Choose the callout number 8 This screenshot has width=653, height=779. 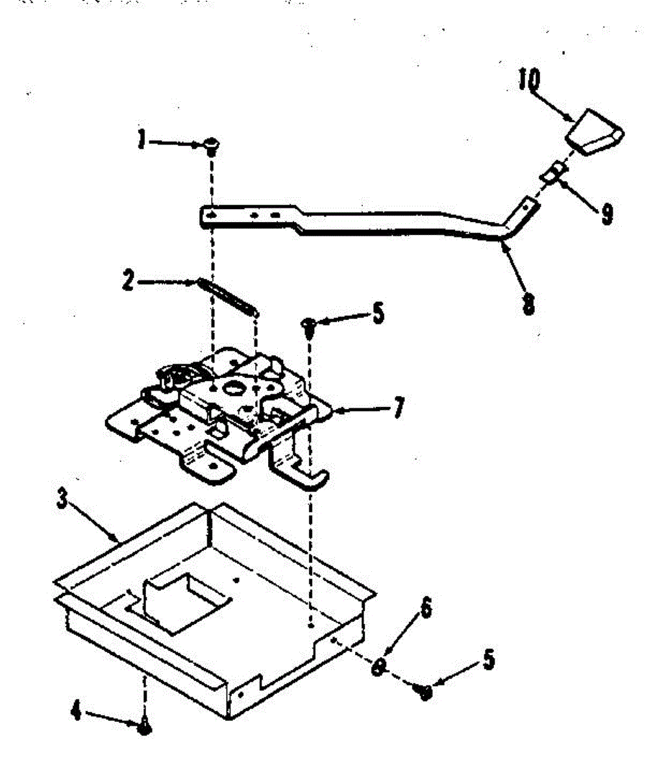pyautogui.click(x=529, y=303)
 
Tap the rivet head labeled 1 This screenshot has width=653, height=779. pyautogui.click(x=211, y=144)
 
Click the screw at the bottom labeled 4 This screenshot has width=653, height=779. pyautogui.click(x=145, y=728)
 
